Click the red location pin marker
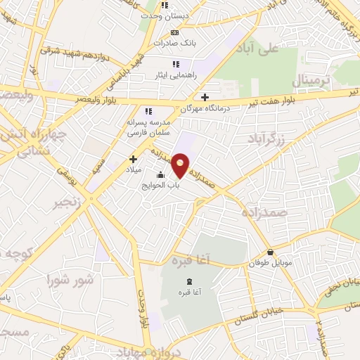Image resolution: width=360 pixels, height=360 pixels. [x=181, y=165]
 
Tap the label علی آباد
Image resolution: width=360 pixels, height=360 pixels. [x=278, y=49]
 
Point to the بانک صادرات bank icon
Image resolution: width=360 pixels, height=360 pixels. [x=175, y=32]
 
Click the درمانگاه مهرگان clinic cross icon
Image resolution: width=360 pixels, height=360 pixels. [x=205, y=98]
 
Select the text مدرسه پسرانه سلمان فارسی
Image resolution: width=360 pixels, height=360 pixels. [x=148, y=127]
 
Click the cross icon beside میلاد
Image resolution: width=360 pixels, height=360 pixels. [x=132, y=160]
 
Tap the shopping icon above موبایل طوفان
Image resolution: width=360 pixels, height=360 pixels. [x=270, y=252]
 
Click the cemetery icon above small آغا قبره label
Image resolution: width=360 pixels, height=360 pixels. [x=188, y=281]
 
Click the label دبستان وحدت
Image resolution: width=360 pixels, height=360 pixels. [x=165, y=15]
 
